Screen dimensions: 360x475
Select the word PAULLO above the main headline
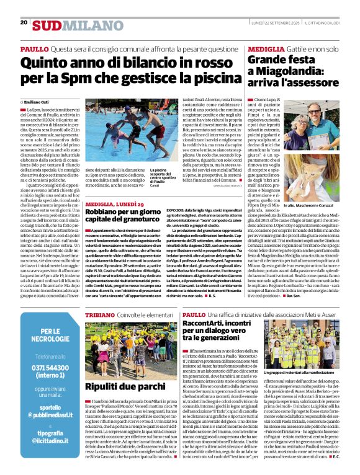click(x=35, y=48)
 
